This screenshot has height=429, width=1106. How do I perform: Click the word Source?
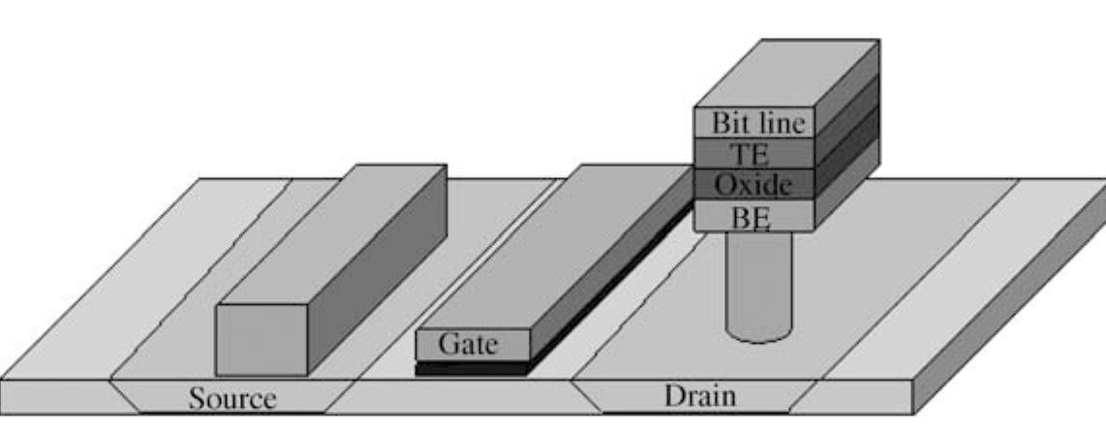point(231,399)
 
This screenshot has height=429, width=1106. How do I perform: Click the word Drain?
point(699,396)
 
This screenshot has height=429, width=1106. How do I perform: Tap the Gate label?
point(472,344)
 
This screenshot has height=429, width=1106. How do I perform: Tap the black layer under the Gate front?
point(472,368)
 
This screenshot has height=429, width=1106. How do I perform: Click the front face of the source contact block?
point(261,339)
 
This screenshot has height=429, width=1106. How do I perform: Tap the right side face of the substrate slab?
point(1007,358)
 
